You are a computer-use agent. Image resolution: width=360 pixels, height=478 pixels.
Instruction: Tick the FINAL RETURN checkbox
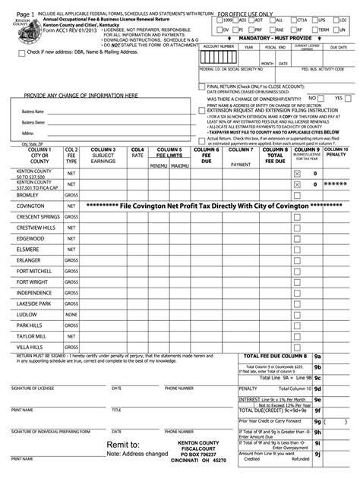pos(201,86)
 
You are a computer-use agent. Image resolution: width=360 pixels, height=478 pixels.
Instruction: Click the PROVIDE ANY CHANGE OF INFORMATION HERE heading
pos(81,96)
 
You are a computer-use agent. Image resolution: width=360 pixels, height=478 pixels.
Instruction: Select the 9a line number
pos(318,356)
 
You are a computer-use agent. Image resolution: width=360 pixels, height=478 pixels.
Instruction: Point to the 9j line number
pos(318,455)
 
